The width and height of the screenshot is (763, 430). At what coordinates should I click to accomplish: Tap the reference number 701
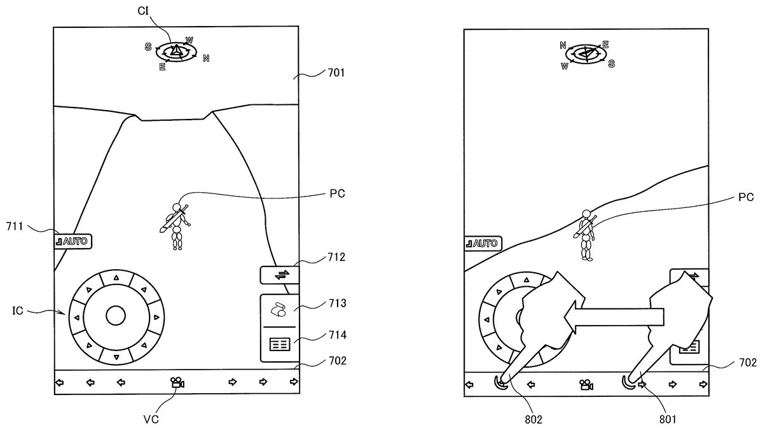(x=336, y=73)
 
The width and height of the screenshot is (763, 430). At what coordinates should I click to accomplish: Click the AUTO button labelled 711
(x=73, y=241)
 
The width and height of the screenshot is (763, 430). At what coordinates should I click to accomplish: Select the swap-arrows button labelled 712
(x=280, y=275)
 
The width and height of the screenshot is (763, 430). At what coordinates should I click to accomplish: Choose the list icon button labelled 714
(x=279, y=344)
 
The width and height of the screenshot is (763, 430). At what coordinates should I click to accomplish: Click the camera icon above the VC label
(x=177, y=382)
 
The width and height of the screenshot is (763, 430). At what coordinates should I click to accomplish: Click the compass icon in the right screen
(x=586, y=54)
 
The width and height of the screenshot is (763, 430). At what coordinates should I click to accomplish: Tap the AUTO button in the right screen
(x=483, y=243)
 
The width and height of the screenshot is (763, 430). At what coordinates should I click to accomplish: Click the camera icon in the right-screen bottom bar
(x=586, y=384)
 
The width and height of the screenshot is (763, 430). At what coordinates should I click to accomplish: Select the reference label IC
(x=18, y=312)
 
